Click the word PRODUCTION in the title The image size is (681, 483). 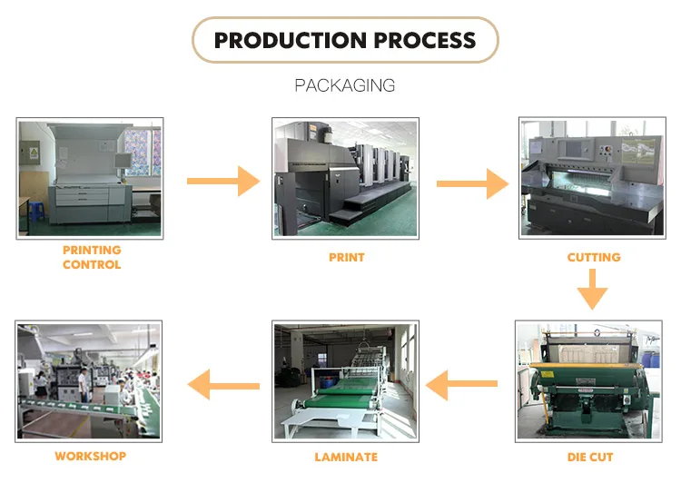(x=291, y=40)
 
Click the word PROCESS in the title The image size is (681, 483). (x=425, y=40)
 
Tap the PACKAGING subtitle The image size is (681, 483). (x=345, y=85)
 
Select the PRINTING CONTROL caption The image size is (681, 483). (x=92, y=257)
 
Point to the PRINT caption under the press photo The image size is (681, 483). (x=346, y=258)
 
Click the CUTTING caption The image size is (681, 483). (x=594, y=257)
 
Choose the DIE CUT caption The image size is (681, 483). (x=590, y=457)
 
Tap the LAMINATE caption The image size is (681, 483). (x=346, y=457)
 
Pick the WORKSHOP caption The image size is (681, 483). (x=90, y=456)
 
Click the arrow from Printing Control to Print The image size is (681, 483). (x=223, y=182)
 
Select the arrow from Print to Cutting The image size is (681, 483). (x=472, y=183)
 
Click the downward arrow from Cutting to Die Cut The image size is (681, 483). (x=592, y=290)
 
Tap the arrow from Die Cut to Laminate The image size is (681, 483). (x=461, y=384)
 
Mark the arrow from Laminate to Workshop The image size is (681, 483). (x=223, y=385)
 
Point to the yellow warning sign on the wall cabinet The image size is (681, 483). (x=34, y=153)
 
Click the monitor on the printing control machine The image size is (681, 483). (x=122, y=161)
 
